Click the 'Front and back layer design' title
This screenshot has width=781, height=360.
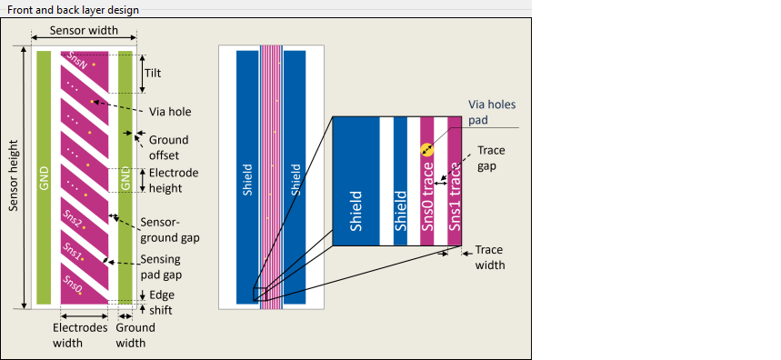point(73,10)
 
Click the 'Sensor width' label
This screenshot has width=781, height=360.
point(84,30)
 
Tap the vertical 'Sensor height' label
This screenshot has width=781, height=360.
point(14,175)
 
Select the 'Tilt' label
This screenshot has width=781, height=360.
point(153,74)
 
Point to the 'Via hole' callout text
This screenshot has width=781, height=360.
point(170,112)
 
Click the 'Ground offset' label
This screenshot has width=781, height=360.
point(169,147)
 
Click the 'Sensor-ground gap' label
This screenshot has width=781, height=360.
point(170,229)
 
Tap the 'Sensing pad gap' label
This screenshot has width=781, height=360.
point(161,266)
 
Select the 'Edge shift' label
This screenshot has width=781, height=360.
point(161,302)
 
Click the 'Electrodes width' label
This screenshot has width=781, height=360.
point(80,335)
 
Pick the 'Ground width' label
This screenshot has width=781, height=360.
point(135,335)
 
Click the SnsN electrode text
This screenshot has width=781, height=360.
point(77,61)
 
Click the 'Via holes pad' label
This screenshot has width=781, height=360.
point(492,112)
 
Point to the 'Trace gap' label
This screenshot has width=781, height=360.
point(491,158)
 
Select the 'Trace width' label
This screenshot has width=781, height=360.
point(490,257)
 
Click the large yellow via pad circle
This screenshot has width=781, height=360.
point(426,149)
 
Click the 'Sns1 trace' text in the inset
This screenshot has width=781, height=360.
point(455,198)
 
